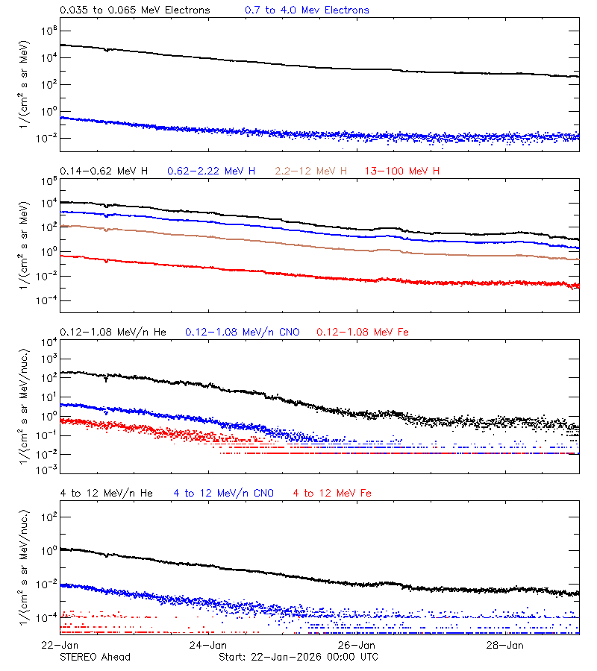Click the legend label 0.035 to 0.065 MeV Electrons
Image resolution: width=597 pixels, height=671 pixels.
point(135,10)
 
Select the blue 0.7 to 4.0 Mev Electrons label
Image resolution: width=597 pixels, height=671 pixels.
point(307,10)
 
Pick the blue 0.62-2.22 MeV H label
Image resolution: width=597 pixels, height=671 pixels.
point(211,171)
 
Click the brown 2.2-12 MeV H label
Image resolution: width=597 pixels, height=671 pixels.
point(311,171)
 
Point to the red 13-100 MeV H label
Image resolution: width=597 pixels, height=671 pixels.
point(402,171)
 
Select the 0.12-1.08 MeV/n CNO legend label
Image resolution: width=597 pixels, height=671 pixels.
point(243,332)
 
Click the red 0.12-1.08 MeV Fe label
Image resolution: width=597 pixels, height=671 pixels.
point(363,332)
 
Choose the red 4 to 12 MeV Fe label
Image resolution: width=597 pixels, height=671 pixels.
point(332,493)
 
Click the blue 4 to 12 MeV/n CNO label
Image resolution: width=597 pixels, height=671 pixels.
point(224,493)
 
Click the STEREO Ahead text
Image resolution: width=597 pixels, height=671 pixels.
point(95,657)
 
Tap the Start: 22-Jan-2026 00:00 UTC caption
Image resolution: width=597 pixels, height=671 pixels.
point(298,657)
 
